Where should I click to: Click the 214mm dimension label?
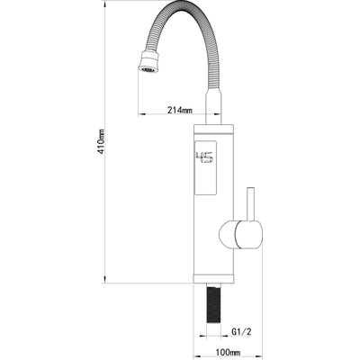click(180, 110)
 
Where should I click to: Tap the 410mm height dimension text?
click(102, 141)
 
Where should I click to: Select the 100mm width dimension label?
click(228, 352)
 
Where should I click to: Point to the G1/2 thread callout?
click(241, 332)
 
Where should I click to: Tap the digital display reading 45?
click(204, 157)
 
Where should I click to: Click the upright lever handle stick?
click(251, 204)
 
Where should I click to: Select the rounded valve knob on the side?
click(241, 235)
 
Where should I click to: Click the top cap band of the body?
click(213, 130)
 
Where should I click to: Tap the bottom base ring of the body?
click(213, 279)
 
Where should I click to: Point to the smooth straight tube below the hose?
click(213, 108)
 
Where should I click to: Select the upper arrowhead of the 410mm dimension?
click(105, 4)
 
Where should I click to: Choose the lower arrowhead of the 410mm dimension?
click(105, 279)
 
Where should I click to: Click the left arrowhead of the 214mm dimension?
click(142, 114)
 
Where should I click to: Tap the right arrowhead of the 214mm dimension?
click(218, 114)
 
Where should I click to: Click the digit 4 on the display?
click(200, 157)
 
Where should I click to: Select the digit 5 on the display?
click(209, 157)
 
